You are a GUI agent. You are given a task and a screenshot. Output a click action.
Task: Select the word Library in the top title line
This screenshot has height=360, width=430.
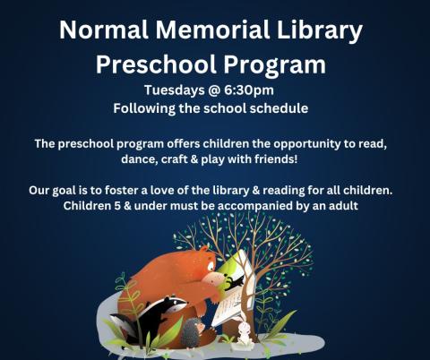pyautogui.click(x=316, y=30)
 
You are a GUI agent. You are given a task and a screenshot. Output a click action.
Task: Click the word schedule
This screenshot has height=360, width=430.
pyautogui.click(x=277, y=107)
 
